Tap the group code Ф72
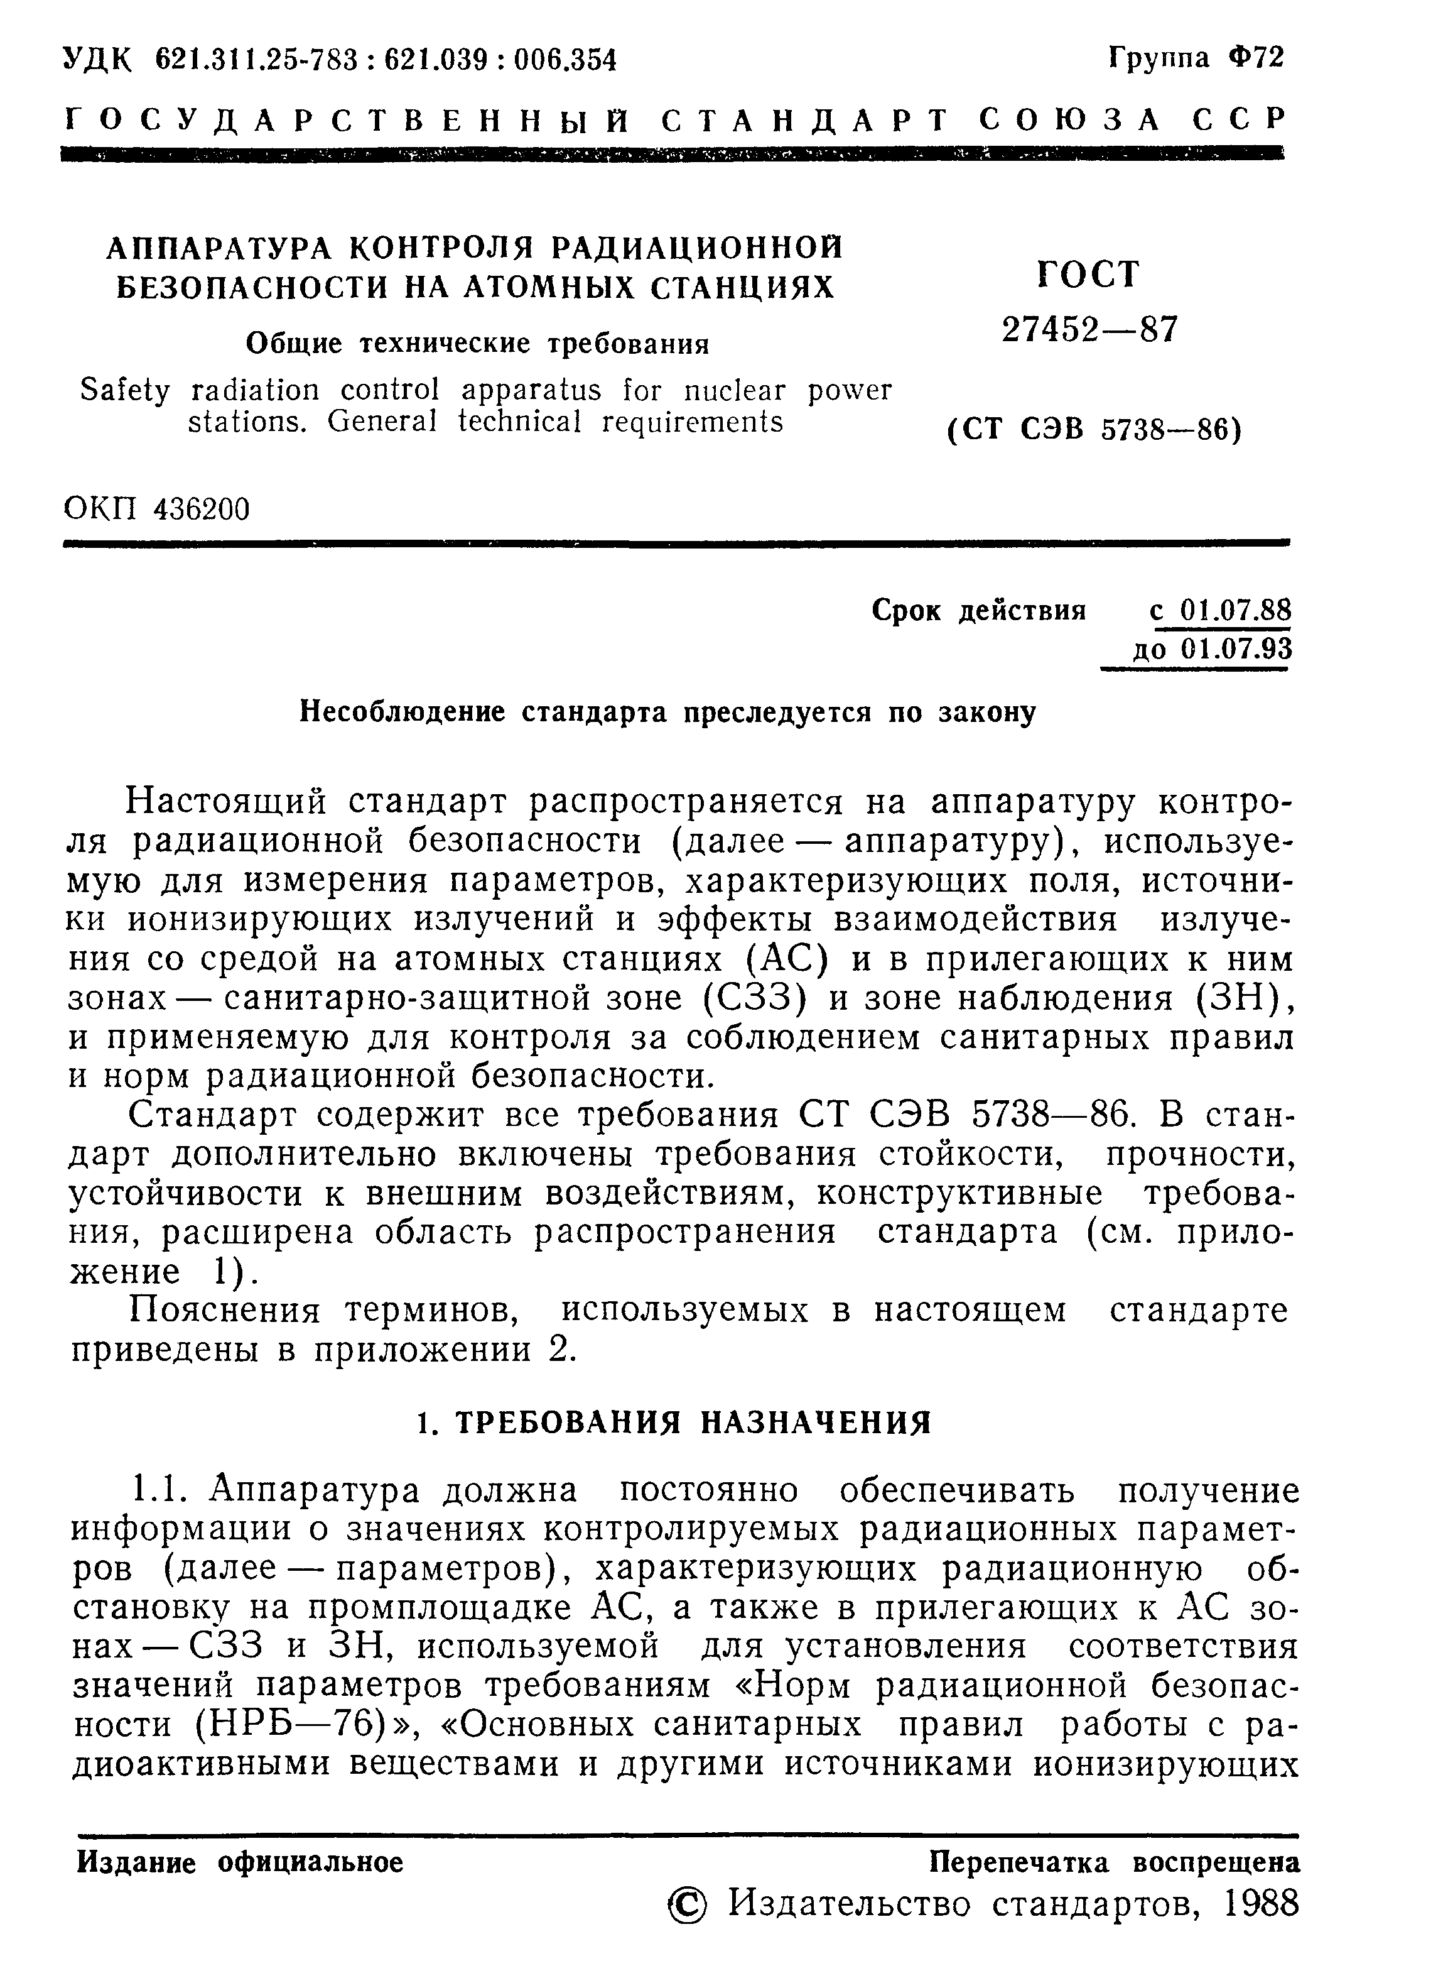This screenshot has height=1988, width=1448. pyautogui.click(x=1256, y=58)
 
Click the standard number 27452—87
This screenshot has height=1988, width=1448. pyautogui.click(x=1090, y=330)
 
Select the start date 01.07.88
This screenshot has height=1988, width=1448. pyautogui.click(x=1235, y=609)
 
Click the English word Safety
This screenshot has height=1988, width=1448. pyautogui.click(x=124, y=390)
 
